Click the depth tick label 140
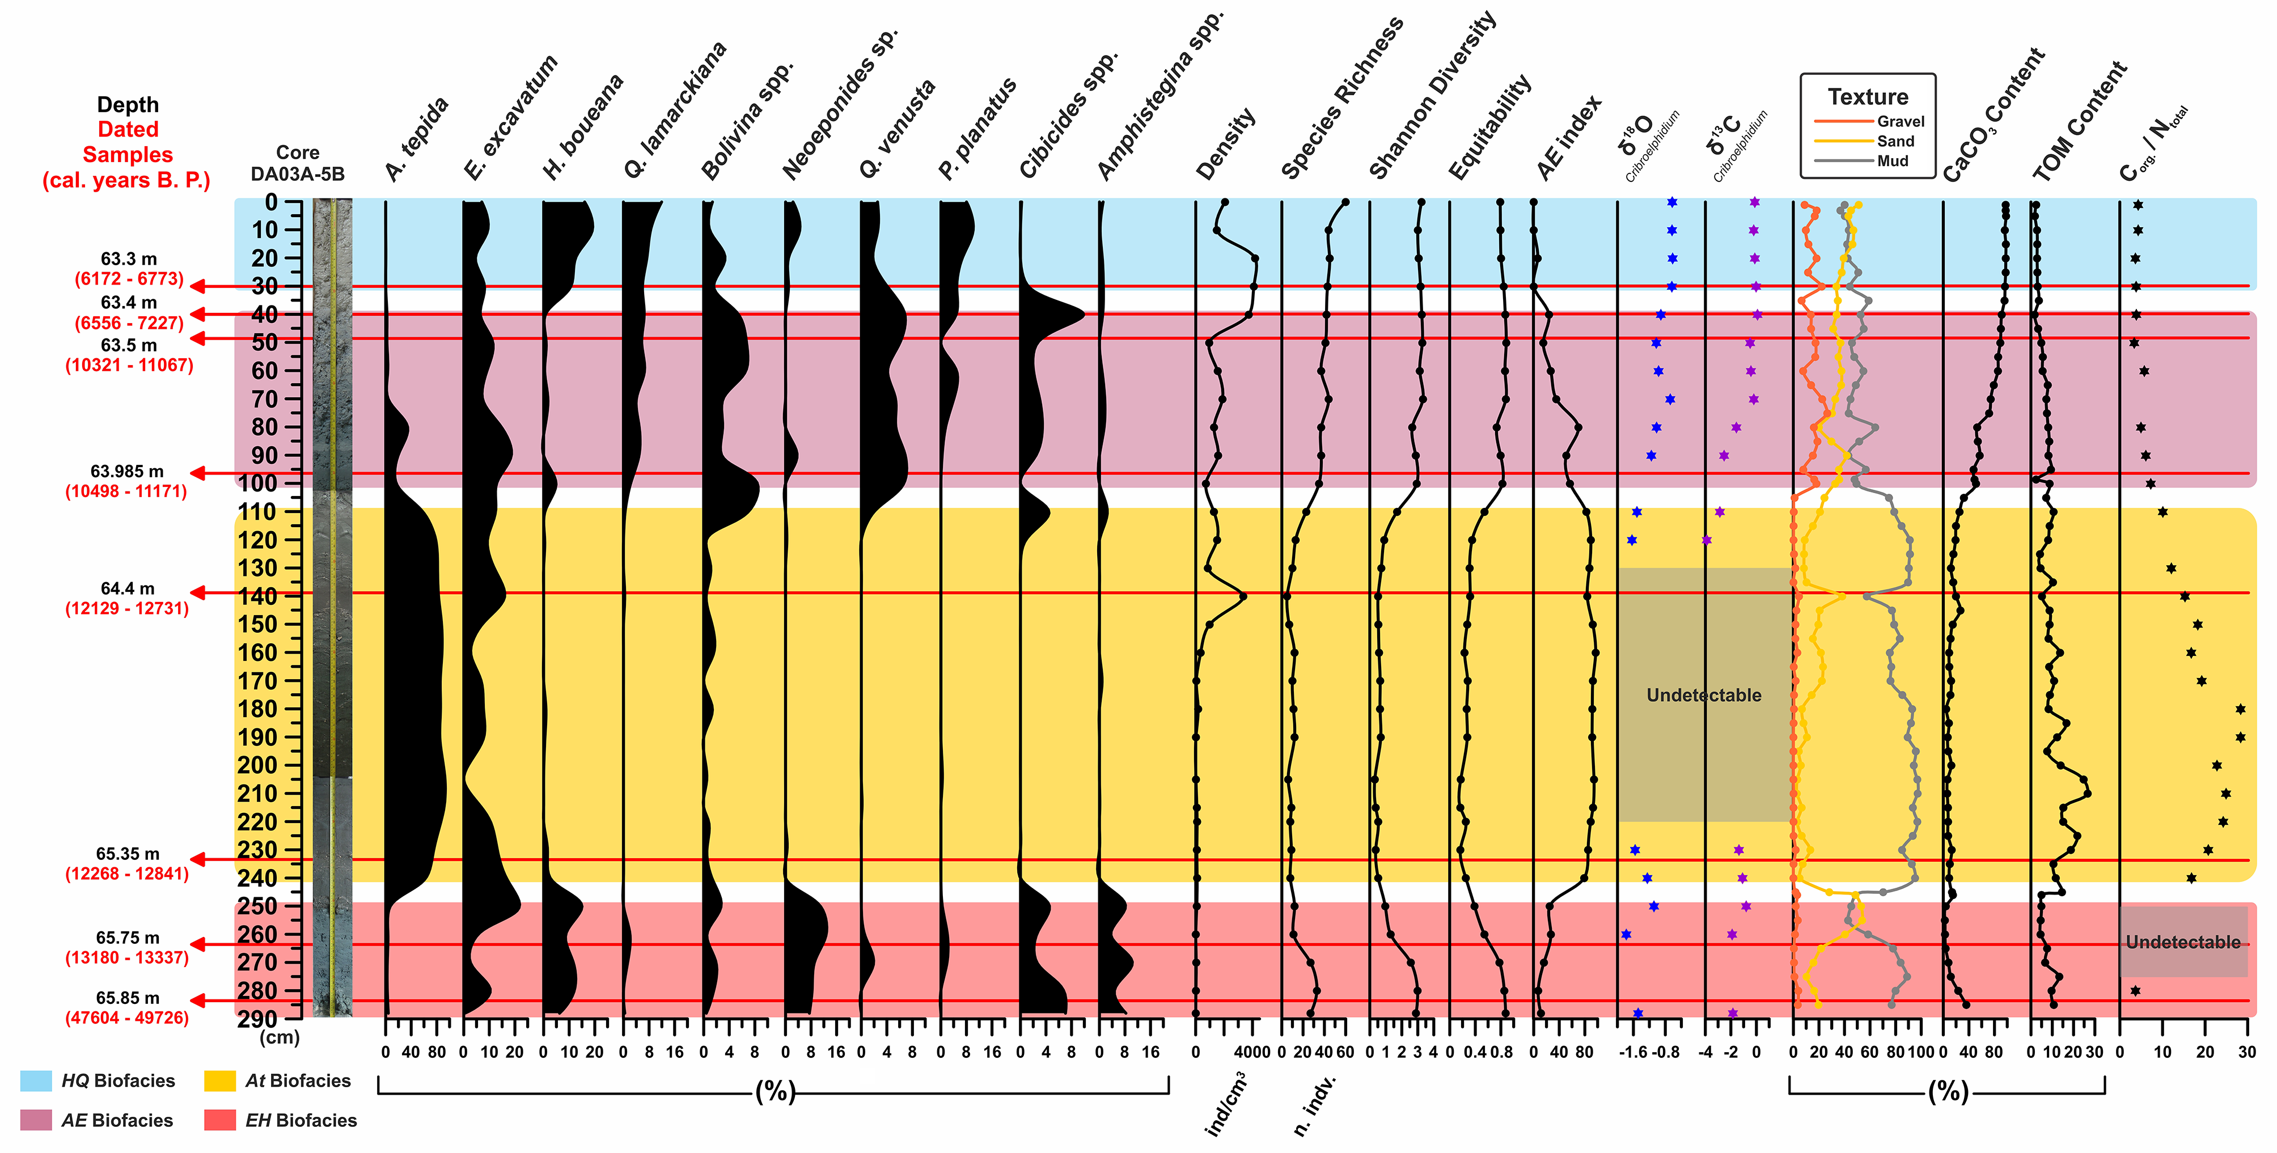pyautogui.click(x=257, y=596)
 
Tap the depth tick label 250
pyautogui.click(x=257, y=906)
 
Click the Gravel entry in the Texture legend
pyautogui.click(x=1901, y=121)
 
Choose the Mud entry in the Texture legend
pyautogui.click(x=1893, y=161)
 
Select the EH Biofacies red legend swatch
pyautogui.click(x=220, y=1120)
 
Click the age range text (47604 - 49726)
pyautogui.click(x=127, y=1018)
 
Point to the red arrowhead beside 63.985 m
pyautogui.click(x=200, y=473)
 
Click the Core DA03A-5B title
pyautogui.click(x=297, y=163)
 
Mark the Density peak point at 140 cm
pyautogui.click(x=1243, y=596)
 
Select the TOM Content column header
pyautogui.click(x=2079, y=122)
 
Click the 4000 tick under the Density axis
pyautogui.click(x=1252, y=1052)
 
